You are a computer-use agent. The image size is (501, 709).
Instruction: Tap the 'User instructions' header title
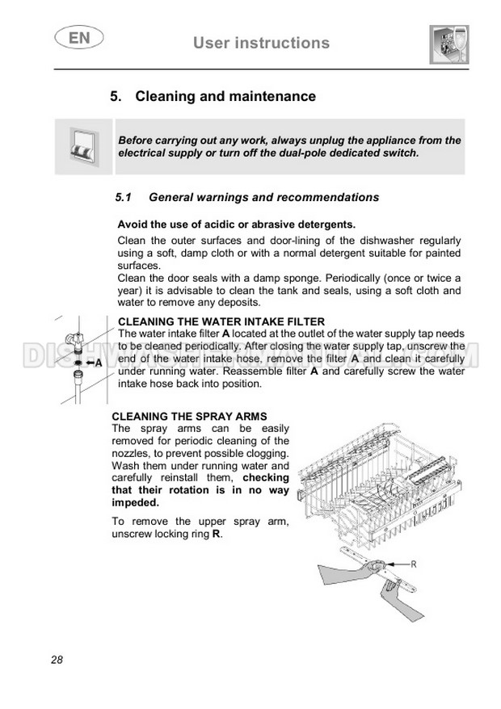pos(261,43)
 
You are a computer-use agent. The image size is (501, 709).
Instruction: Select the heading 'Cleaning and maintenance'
pos(225,97)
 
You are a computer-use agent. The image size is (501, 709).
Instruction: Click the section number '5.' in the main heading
pos(116,97)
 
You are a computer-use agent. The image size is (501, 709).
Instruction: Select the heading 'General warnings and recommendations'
pos(264,197)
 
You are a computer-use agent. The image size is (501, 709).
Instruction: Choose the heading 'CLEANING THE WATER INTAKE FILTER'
pos(221,321)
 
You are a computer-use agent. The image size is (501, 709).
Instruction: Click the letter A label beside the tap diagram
pos(99,363)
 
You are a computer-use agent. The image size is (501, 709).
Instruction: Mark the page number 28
pos(57,660)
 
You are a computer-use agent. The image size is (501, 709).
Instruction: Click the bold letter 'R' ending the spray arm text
pos(216,535)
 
